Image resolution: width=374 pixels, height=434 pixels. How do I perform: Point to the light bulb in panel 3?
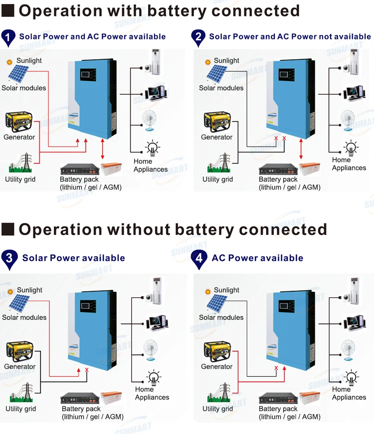(x=153, y=377)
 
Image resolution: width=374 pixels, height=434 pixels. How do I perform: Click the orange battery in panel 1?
(x=112, y=170)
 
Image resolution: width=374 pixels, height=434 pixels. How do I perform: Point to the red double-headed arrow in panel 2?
(x=302, y=150)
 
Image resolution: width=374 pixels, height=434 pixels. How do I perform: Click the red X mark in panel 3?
(x=87, y=370)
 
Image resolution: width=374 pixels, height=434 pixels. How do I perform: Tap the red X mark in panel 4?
(x=276, y=368)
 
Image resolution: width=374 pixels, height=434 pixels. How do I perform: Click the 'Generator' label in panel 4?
(x=217, y=367)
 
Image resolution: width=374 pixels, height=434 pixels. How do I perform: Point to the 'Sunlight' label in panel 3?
(x=29, y=290)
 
